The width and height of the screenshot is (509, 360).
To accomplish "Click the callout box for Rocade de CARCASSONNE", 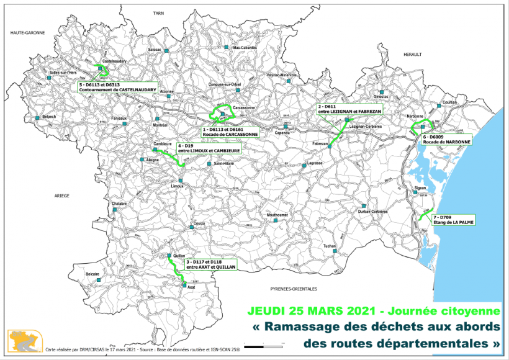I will (229, 131).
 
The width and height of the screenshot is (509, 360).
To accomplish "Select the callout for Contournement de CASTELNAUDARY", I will (117, 87).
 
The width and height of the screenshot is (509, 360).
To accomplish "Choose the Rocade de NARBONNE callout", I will (446, 139).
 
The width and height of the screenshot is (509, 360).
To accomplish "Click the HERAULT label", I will (412, 55).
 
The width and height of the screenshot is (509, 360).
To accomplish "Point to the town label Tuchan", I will (329, 246).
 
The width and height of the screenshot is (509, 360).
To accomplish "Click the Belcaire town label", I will (92, 274).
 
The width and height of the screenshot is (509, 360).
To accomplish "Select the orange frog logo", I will (24, 341).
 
